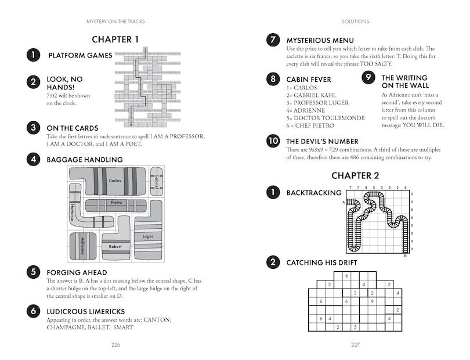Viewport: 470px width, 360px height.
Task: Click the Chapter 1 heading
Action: coord(115,39)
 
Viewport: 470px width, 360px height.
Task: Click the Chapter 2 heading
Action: coord(355,175)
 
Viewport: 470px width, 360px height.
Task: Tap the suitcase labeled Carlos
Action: coord(108,181)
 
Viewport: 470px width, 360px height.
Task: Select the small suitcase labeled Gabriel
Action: coord(157,181)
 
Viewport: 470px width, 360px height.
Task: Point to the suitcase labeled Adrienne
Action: coord(83,246)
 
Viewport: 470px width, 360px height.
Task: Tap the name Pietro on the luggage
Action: coord(116,202)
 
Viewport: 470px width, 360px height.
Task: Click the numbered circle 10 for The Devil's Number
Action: coord(273,141)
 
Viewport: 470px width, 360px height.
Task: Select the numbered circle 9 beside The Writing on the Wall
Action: coord(368,77)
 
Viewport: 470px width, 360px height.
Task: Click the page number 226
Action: coord(115,345)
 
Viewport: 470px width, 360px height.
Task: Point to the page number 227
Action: coord(355,345)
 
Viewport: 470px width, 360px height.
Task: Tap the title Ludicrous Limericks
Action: coord(86,311)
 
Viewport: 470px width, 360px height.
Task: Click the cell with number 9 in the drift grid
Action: coord(372,301)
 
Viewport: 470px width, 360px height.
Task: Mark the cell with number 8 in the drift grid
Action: coord(321,301)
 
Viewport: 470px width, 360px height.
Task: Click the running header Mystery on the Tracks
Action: coord(115,21)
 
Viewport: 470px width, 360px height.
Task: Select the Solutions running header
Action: coord(355,21)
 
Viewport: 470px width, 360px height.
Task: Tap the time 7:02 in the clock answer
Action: coord(52,96)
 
